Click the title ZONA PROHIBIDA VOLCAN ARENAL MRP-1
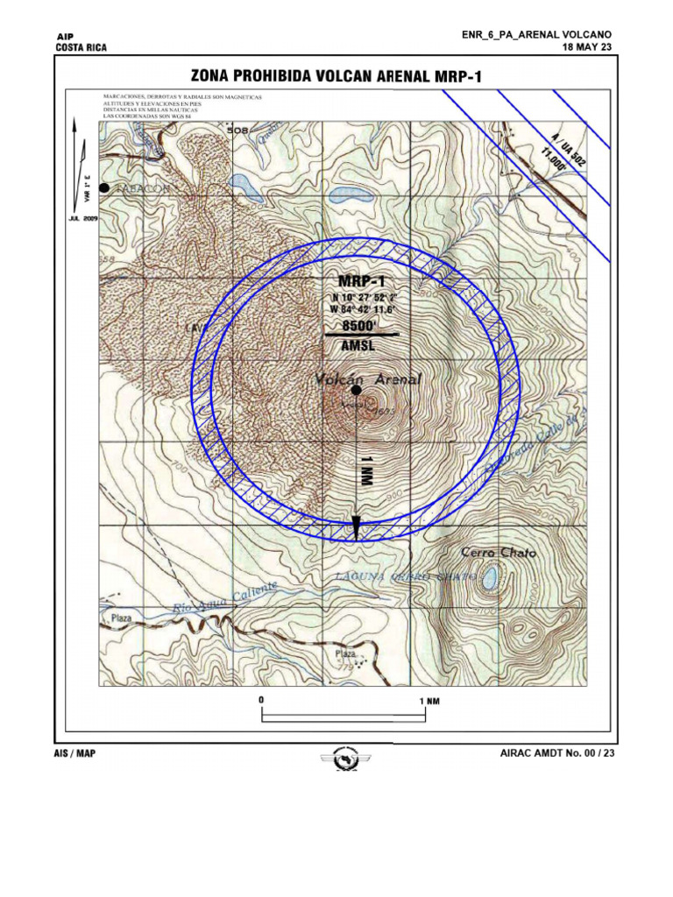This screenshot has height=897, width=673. point(337,77)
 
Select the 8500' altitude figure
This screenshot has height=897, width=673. point(357,325)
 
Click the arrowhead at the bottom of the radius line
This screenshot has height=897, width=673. point(357,527)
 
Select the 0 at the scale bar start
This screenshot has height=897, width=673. point(261,701)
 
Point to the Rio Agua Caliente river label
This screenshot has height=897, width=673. point(225,597)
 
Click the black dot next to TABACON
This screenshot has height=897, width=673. point(104,187)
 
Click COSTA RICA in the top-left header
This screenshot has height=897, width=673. point(81,48)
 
